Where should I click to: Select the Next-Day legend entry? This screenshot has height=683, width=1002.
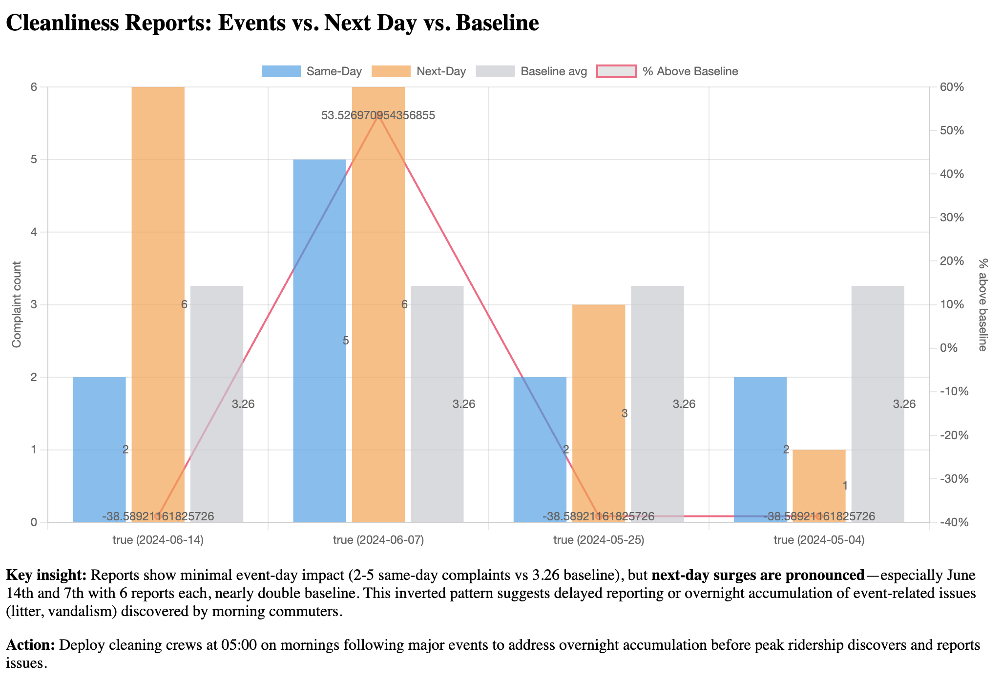(x=419, y=71)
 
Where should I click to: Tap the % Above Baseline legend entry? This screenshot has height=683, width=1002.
(x=667, y=71)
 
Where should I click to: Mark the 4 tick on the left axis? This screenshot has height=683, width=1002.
(x=34, y=232)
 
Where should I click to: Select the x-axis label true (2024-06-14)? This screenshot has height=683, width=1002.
(x=158, y=540)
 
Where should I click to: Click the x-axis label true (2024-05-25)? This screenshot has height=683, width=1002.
(x=599, y=540)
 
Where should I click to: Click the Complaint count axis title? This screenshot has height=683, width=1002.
(x=17, y=304)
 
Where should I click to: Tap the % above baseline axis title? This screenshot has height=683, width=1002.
(x=983, y=304)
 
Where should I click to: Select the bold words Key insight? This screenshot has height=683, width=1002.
(x=46, y=575)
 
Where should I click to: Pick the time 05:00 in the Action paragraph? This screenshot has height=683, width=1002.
(x=239, y=645)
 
